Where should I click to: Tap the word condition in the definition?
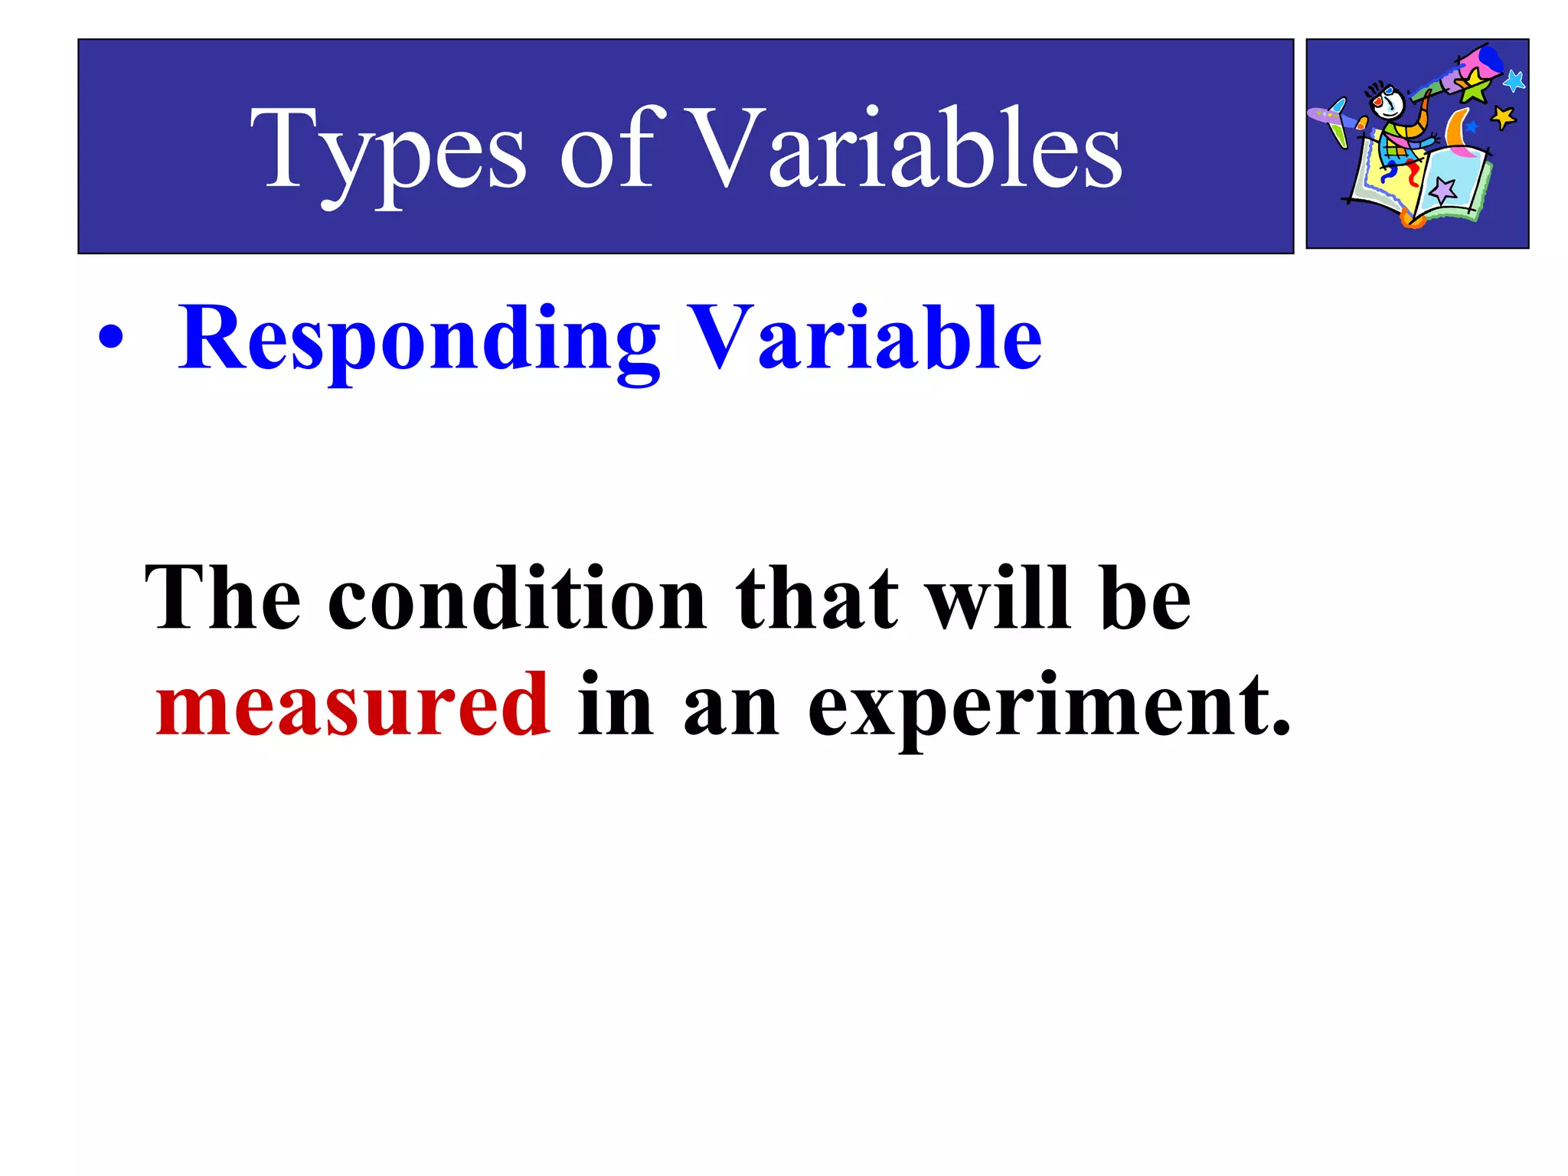[x=517, y=599]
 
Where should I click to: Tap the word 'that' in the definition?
[x=816, y=599]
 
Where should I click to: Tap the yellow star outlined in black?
[x=1503, y=117]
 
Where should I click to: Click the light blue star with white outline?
[x=1514, y=80]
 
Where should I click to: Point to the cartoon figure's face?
[x=1390, y=103]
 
